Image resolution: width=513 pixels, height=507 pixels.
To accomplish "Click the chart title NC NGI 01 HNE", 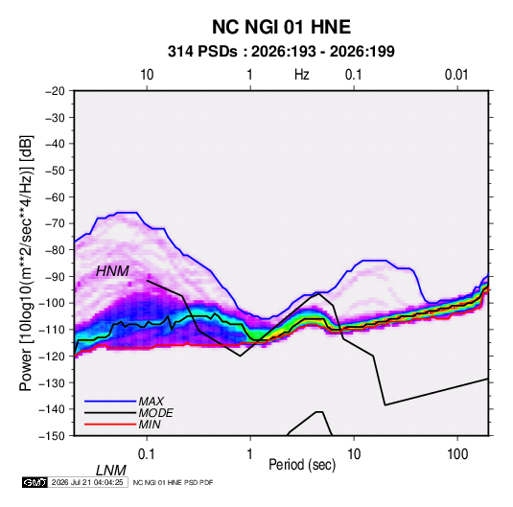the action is pos(281,27).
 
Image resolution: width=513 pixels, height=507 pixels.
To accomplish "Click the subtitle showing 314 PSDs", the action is pos(281,52).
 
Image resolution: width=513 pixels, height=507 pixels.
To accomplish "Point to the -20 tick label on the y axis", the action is pos(55,91).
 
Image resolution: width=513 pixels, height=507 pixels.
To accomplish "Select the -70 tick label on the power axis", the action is pos(55,223).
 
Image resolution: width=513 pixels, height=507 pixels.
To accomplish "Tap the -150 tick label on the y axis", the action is pos(52,436).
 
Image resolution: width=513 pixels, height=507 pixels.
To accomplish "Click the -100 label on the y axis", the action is pos(52,303).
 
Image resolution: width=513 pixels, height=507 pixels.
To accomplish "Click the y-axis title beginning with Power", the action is pos(26,264).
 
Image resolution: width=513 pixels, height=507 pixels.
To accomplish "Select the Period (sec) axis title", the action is pos(302,464).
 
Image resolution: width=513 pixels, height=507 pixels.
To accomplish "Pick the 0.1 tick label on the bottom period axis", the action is pos(147,454).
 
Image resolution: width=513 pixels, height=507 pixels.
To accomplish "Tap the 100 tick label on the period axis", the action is pos(457,454).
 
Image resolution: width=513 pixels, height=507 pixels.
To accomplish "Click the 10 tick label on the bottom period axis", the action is pos(354,454).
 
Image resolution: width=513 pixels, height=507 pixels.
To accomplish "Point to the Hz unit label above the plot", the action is pos(302,75).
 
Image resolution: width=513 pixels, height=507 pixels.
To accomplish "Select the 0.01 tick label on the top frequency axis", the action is pos(456,75).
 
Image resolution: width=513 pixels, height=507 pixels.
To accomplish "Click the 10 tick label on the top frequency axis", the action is pos(147,75).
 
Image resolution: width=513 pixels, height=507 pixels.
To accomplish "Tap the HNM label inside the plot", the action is pos(112,271).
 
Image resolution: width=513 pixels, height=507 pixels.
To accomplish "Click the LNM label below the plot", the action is pos(111,471).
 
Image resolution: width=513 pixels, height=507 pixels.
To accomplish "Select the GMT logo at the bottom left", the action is pos(35,482).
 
